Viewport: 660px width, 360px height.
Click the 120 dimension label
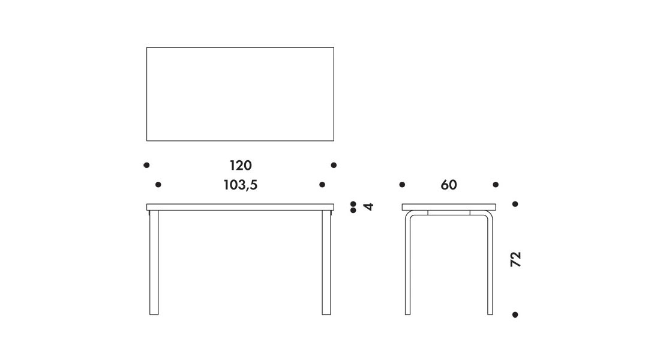pyautogui.click(x=241, y=166)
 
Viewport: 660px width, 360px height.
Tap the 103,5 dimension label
pyautogui.click(x=241, y=185)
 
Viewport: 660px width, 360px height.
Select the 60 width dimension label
pyautogui.click(x=449, y=185)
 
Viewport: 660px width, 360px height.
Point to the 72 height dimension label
pyautogui.click(x=515, y=259)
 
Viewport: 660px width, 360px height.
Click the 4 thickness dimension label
pyautogui.click(x=368, y=206)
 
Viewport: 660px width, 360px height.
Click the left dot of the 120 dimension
pyautogui.click(x=146, y=165)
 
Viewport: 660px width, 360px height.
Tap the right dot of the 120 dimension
pyautogui.click(x=334, y=165)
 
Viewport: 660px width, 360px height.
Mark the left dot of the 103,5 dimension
pyautogui.click(x=158, y=184)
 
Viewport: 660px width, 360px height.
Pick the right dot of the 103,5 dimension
pyautogui.click(x=322, y=184)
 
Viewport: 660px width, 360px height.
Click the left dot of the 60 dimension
pyautogui.click(x=402, y=184)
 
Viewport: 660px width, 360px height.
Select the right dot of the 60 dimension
pyautogui.click(x=496, y=184)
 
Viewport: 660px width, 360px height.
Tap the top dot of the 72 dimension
pyautogui.click(x=515, y=204)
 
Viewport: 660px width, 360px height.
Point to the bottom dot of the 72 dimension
pyautogui.click(x=515, y=314)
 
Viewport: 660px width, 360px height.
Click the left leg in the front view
pyautogui.click(x=154, y=262)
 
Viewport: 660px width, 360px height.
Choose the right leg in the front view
pyautogui.click(x=326, y=262)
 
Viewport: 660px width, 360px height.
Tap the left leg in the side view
pyautogui.click(x=407, y=265)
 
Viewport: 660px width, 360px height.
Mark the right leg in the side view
pyautogui.click(x=490, y=265)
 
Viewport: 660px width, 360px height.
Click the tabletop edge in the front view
pyautogui.click(x=241, y=207)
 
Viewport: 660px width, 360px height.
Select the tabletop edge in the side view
pyautogui.click(x=449, y=207)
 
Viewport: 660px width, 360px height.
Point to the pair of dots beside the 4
pyautogui.click(x=353, y=207)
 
